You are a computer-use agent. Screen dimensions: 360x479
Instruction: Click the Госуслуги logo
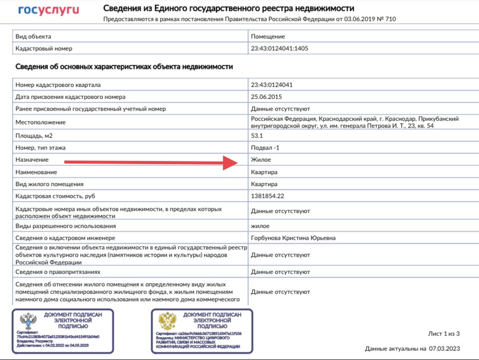point(48,10)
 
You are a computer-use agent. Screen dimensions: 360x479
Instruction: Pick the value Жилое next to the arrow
point(261,160)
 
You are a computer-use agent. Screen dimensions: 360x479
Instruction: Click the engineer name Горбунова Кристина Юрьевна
point(293,238)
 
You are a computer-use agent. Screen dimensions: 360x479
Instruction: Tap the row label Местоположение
point(40,122)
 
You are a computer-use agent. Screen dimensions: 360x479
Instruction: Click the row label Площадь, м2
point(34,136)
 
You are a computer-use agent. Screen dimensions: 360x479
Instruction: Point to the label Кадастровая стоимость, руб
point(55,196)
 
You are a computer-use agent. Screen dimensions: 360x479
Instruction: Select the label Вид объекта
point(33,36)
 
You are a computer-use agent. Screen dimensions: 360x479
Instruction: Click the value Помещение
point(268,36)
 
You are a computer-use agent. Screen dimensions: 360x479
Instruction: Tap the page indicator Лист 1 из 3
point(444,334)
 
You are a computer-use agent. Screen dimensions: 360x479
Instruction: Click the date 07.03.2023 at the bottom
point(445,349)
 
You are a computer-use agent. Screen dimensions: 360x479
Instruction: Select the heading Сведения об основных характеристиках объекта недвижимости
point(124,66)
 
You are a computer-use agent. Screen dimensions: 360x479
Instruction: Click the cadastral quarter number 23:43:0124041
point(272,85)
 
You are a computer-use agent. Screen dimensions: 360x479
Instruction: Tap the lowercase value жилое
point(260,226)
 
